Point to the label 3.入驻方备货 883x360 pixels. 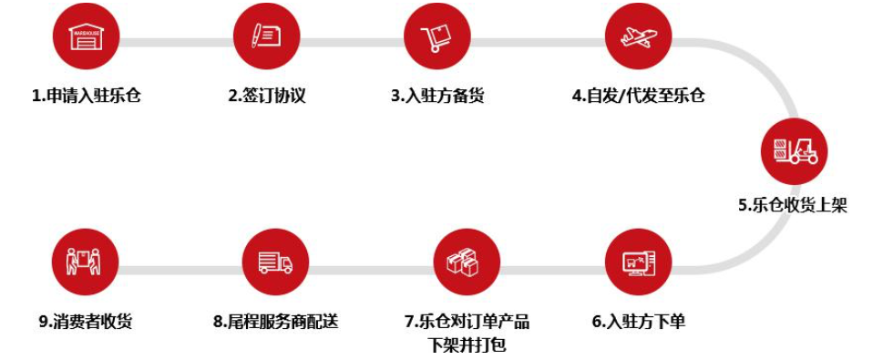coord(437,96)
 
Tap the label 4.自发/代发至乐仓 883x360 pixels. coord(639,96)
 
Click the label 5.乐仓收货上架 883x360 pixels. coord(793,205)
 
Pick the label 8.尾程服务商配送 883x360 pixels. coord(275,321)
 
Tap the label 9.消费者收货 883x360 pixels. coord(86,321)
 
